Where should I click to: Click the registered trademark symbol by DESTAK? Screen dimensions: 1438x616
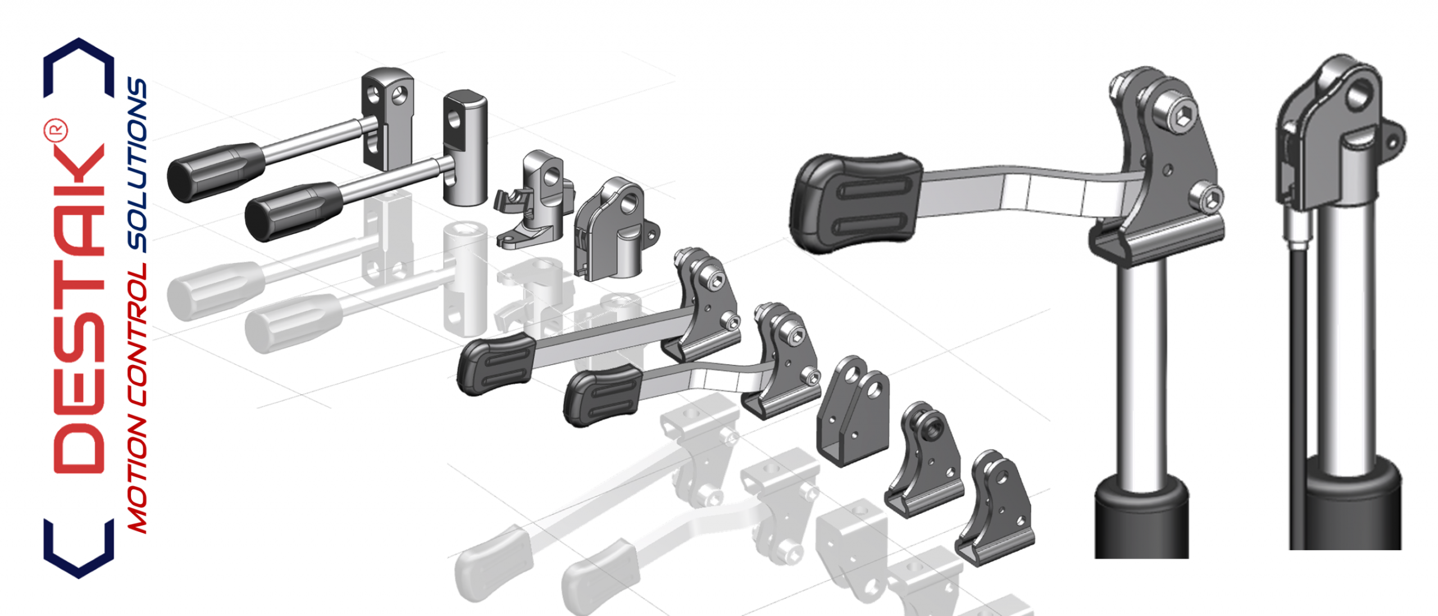[x=56, y=130]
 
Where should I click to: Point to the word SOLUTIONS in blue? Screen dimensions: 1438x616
[x=137, y=164]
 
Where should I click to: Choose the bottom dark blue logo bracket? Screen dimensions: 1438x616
[x=79, y=549]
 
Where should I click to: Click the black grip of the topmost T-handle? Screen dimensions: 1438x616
[x=215, y=171]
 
